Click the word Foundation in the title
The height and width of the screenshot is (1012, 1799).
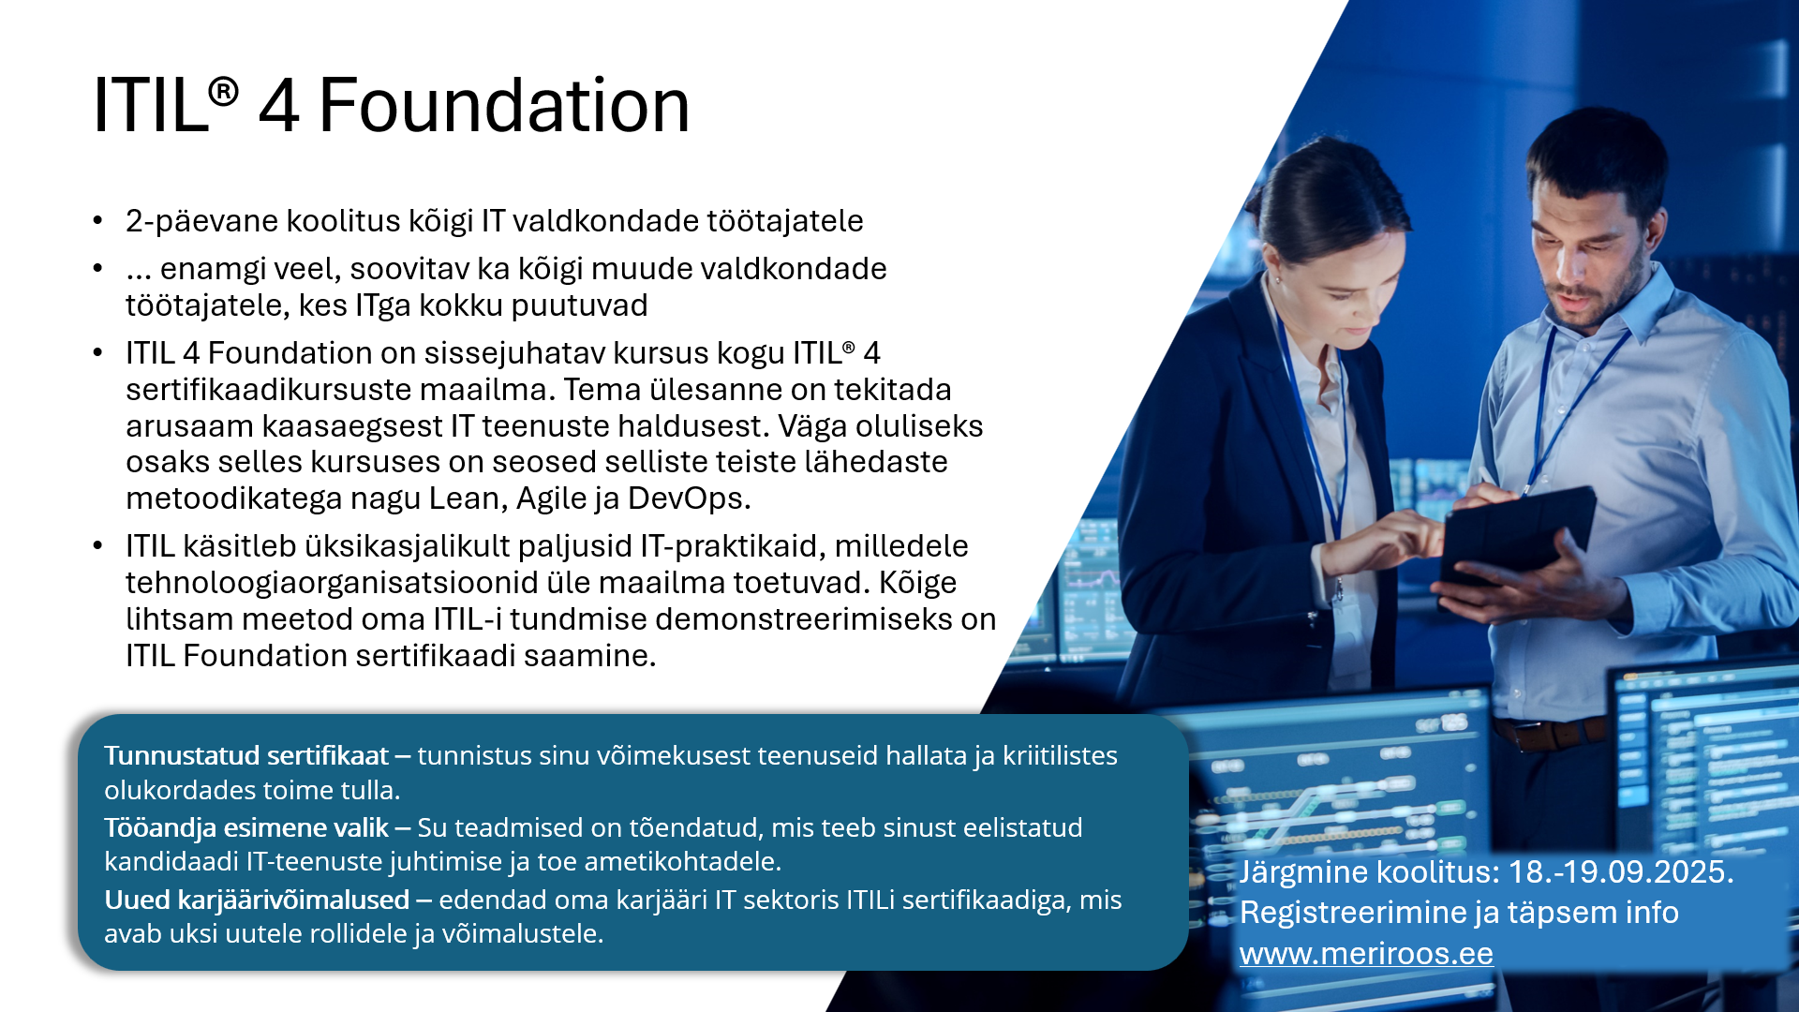point(504,105)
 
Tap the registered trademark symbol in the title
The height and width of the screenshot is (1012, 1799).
point(223,92)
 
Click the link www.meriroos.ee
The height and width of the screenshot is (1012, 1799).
point(1366,954)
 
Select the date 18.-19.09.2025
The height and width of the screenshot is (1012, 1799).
point(1621,871)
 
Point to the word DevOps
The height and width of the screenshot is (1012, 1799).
point(689,499)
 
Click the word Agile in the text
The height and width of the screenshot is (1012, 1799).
point(551,499)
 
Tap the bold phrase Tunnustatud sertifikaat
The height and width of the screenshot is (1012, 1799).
point(246,755)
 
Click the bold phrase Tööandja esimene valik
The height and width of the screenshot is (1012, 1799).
point(246,827)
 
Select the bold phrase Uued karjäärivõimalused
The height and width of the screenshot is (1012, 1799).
point(257,900)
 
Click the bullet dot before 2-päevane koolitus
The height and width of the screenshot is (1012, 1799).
point(97,221)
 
